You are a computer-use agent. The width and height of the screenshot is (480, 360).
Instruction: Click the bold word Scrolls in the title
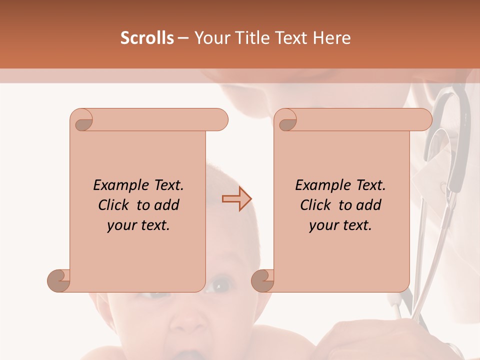(147, 38)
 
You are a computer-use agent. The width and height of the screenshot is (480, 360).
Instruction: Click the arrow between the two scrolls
(236, 198)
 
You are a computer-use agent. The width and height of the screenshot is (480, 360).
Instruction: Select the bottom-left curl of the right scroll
(263, 280)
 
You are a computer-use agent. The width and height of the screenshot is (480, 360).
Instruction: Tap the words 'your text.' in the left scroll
(138, 225)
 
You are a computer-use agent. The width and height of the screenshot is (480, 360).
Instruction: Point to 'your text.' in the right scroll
(340, 225)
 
